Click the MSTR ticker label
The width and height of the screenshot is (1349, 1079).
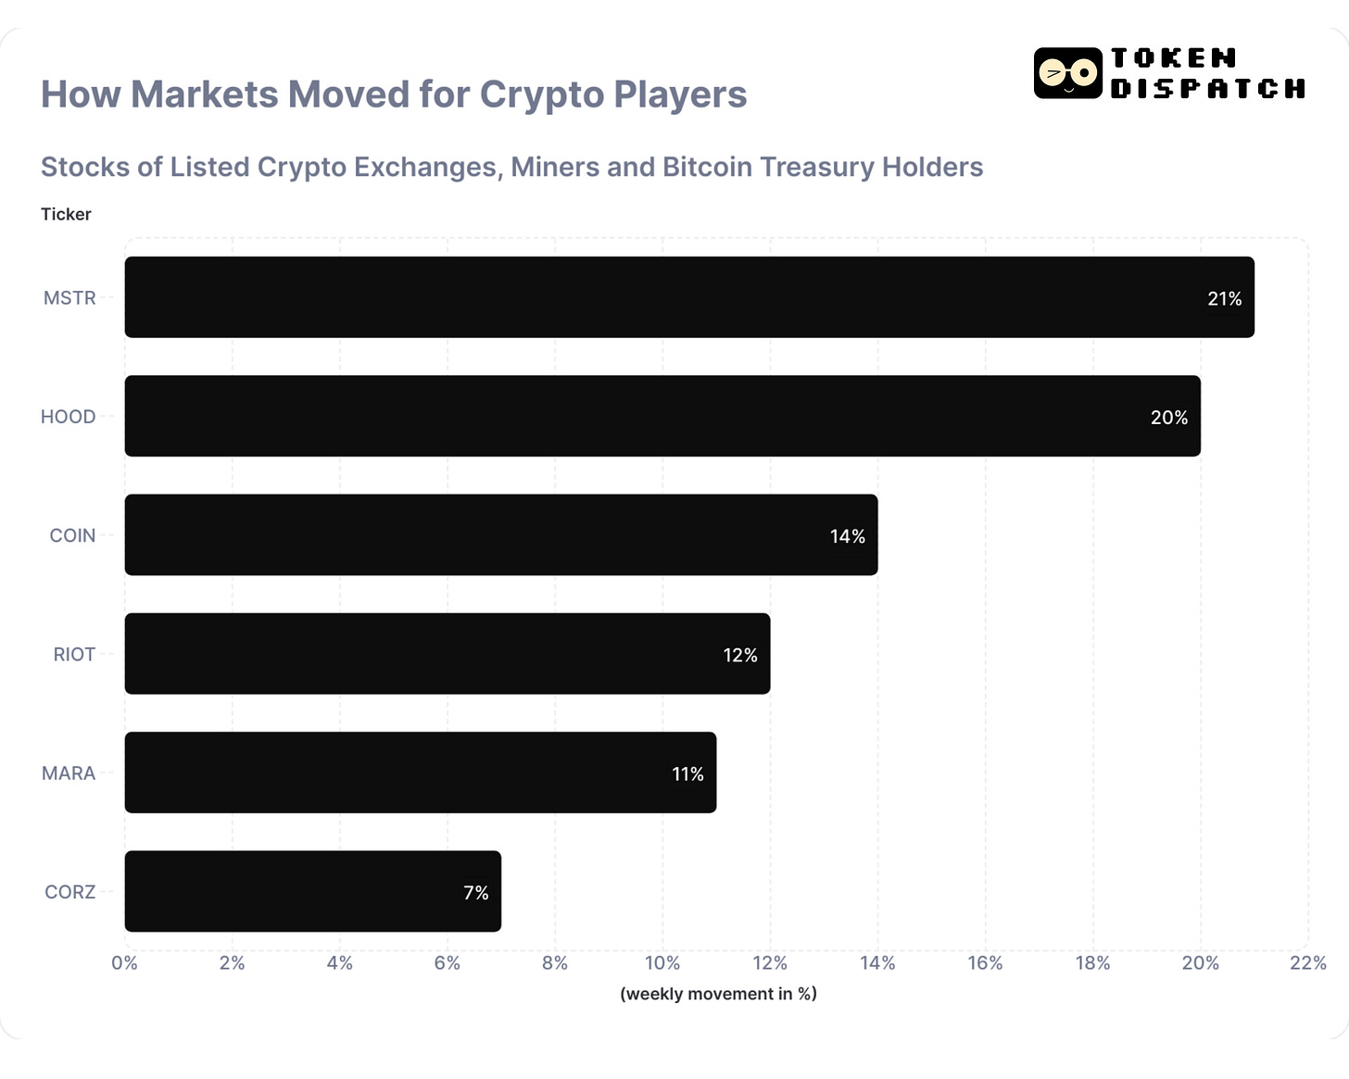69,298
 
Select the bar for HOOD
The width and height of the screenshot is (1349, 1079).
662,416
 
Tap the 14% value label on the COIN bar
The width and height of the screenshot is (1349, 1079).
847,536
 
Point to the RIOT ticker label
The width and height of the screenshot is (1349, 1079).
74,655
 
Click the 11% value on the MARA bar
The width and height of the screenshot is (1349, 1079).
687,774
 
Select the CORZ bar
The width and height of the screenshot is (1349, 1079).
312,891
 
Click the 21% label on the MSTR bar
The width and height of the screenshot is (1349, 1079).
1224,299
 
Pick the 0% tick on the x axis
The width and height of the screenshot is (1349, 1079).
124,963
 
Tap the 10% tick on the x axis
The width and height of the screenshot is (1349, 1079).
662,963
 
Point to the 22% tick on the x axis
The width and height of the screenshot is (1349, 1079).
1307,963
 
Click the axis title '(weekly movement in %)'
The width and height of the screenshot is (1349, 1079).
718,994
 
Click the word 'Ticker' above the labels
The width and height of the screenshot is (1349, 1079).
66,214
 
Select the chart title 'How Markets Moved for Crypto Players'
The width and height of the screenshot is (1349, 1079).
394,94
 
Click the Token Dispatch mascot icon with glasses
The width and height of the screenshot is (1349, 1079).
1067,73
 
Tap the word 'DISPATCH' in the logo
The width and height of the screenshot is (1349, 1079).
1208,89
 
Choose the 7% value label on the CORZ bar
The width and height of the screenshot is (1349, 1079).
475,893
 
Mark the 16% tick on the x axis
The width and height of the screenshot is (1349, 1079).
985,963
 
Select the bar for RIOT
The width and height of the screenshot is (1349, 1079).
447,654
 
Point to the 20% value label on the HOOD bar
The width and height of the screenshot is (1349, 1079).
1168,418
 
